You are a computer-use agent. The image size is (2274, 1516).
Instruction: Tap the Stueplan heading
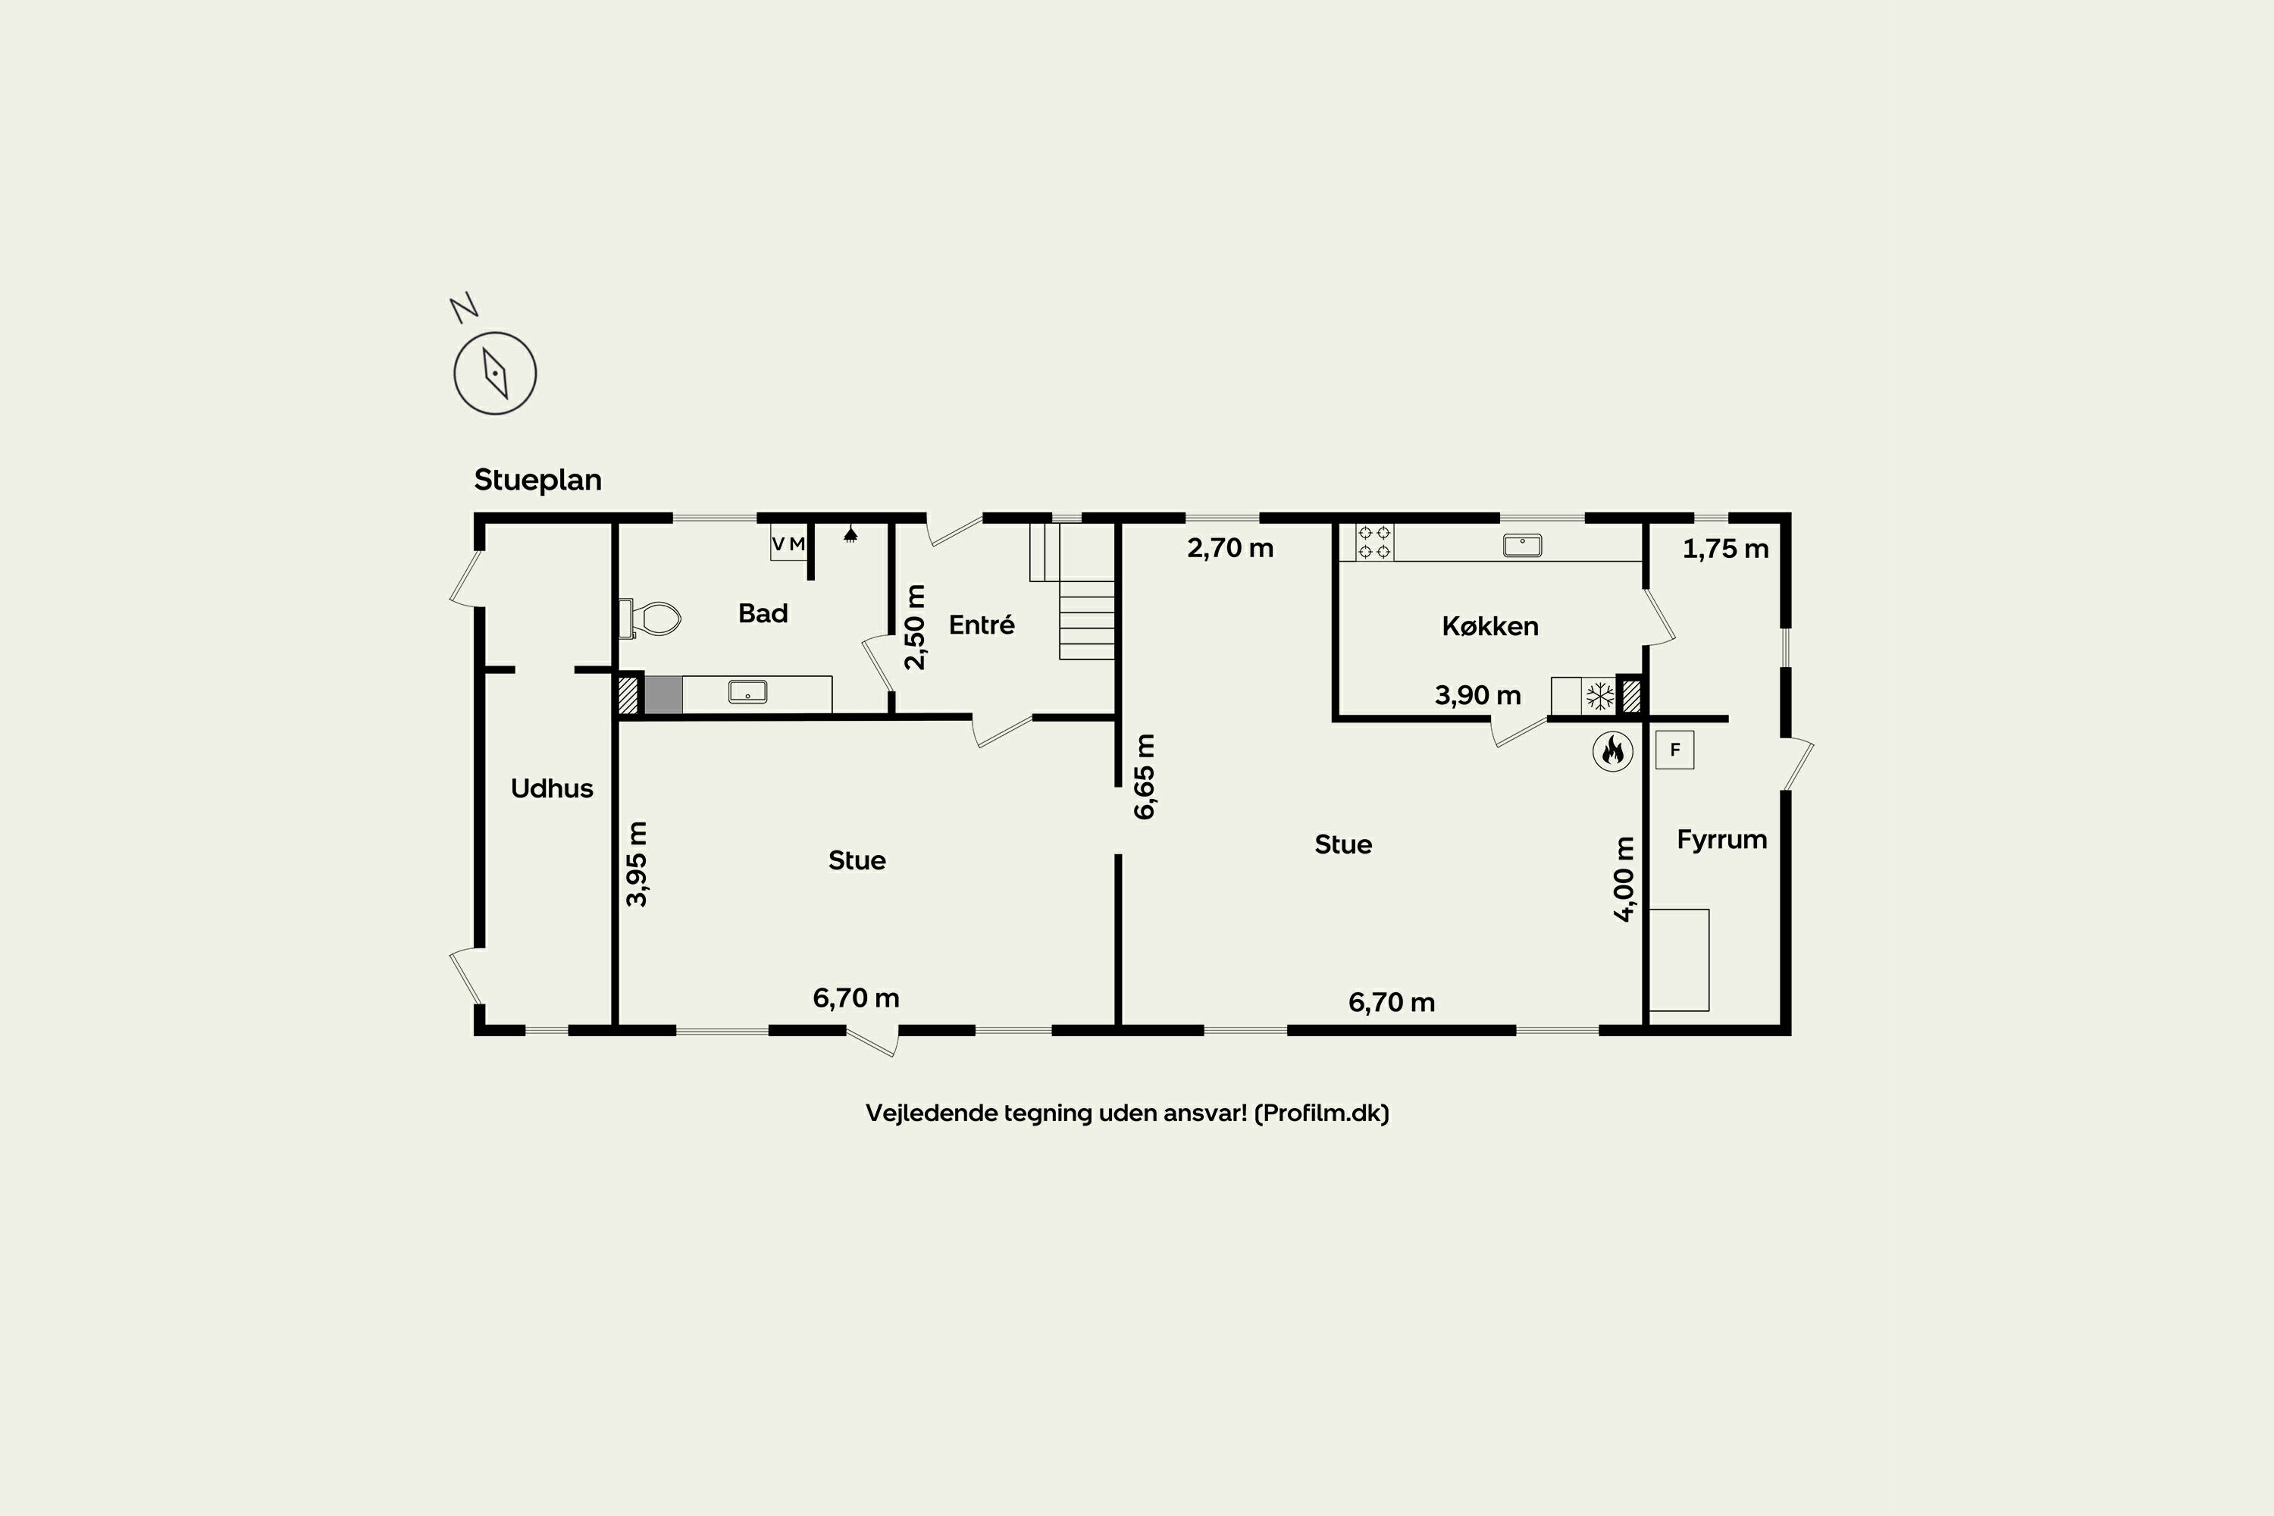pyautogui.click(x=537, y=480)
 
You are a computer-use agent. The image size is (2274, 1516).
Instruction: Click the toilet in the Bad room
pyautogui.click(x=650, y=618)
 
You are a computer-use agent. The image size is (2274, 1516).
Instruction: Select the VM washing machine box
pyautogui.click(x=788, y=543)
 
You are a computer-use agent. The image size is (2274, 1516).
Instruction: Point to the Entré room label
pyautogui.click(x=982, y=625)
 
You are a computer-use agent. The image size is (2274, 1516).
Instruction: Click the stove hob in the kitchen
pyautogui.click(x=1373, y=543)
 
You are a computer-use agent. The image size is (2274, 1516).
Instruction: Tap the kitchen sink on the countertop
pyautogui.click(x=1522, y=545)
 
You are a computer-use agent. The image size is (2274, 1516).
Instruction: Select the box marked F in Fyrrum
pyautogui.click(x=1674, y=750)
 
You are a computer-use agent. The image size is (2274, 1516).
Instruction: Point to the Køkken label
pyautogui.click(x=1490, y=627)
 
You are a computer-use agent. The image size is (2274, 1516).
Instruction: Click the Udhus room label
pyautogui.click(x=551, y=789)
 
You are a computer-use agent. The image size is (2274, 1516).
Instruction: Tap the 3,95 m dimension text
pyautogui.click(x=636, y=863)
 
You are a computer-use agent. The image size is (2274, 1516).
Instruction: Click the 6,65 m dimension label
pyautogui.click(x=1144, y=776)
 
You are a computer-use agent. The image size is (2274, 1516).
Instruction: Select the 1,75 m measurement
pyautogui.click(x=1726, y=549)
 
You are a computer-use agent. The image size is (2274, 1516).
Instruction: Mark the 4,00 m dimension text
pyautogui.click(x=1624, y=879)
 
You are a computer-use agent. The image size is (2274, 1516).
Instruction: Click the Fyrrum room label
pyautogui.click(x=1722, y=840)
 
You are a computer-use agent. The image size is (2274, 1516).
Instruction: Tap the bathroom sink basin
pyautogui.click(x=747, y=691)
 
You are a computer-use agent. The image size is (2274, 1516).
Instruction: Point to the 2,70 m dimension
pyautogui.click(x=1229, y=548)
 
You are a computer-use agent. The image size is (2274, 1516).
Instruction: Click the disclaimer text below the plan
pyautogui.click(x=1127, y=1113)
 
